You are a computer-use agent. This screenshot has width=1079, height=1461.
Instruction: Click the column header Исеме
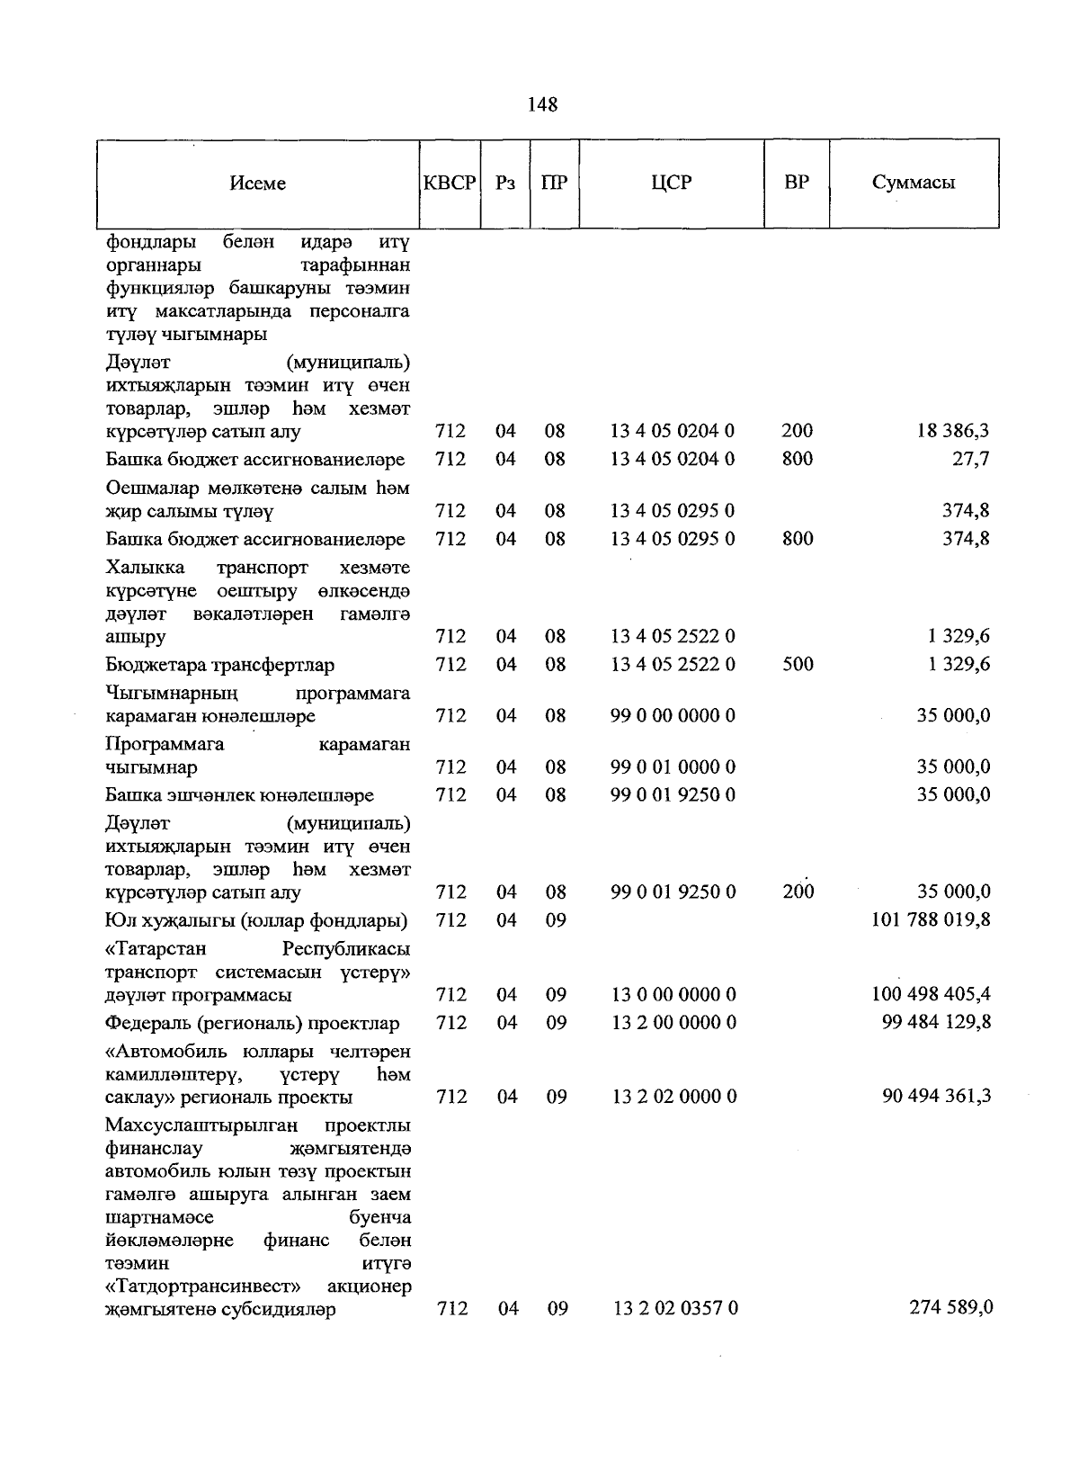pyautogui.click(x=257, y=184)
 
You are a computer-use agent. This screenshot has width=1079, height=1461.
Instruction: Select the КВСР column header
pyautogui.click(x=450, y=183)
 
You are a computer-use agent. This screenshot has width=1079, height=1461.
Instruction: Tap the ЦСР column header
pyautogui.click(x=671, y=183)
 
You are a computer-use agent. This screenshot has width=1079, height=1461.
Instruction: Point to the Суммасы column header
pyautogui.click(x=913, y=183)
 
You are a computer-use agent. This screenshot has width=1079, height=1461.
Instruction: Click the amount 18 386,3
pyautogui.click(x=953, y=432)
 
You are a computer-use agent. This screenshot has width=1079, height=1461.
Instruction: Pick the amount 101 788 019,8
pyautogui.click(x=932, y=920)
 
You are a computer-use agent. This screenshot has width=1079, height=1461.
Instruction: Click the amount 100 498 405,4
pyautogui.click(x=932, y=995)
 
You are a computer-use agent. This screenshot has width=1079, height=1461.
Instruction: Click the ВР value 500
pyautogui.click(x=798, y=665)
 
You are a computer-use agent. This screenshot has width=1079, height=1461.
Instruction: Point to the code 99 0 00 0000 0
pyautogui.click(x=673, y=716)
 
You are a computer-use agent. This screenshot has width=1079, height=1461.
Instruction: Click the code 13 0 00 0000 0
pyautogui.click(x=673, y=995)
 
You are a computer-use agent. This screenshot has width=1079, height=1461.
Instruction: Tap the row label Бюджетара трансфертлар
pyautogui.click(x=219, y=666)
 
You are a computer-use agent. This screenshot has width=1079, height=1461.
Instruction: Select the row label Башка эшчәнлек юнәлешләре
pyautogui.click(x=239, y=796)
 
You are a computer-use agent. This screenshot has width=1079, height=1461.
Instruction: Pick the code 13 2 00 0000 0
pyautogui.click(x=673, y=1023)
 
